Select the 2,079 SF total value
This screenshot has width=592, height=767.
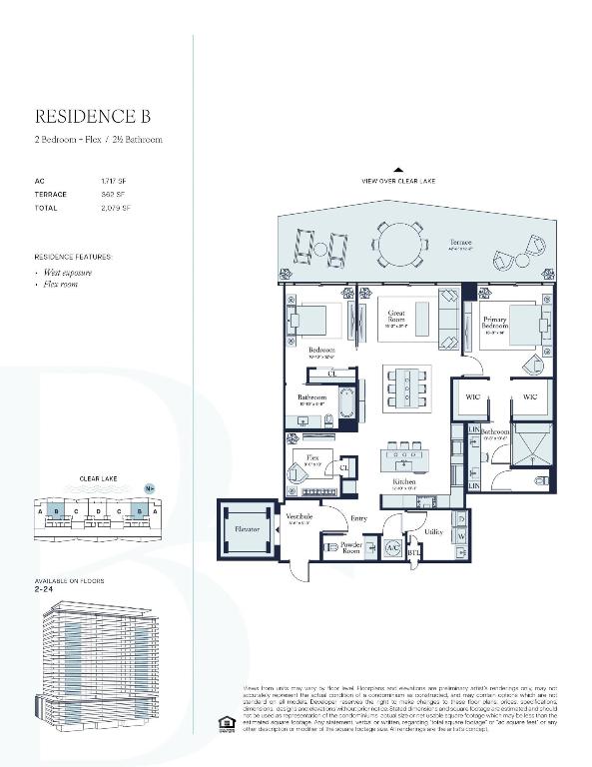116,208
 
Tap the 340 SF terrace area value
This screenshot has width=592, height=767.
112,194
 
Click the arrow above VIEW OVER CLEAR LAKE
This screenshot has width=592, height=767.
398,170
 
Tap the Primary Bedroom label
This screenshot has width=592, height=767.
495,323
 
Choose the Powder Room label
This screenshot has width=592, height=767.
350,547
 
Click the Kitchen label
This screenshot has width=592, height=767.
403,481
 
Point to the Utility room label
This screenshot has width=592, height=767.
433,532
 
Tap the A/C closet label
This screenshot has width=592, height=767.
392,548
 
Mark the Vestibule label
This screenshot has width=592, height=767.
299,516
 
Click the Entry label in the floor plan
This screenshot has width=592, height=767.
357,518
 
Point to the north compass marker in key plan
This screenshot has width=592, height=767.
150,488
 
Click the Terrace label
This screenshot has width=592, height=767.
459,243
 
